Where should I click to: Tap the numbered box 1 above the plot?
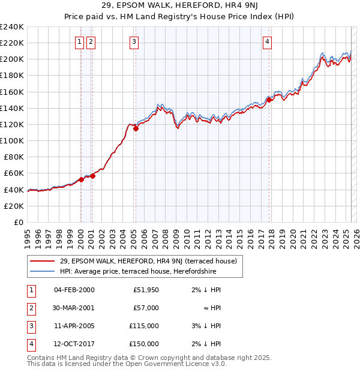click(80, 41)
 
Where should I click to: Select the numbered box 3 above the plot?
click(133, 41)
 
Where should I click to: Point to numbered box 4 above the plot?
click(266, 41)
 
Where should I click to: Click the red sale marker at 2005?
click(136, 128)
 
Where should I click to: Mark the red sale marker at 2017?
click(269, 100)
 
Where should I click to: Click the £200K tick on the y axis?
click(11, 59)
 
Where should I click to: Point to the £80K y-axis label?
click(13, 157)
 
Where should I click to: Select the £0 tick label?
click(19, 222)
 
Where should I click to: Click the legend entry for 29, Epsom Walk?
click(148, 261)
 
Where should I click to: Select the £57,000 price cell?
click(146, 308)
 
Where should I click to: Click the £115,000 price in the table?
click(144, 326)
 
